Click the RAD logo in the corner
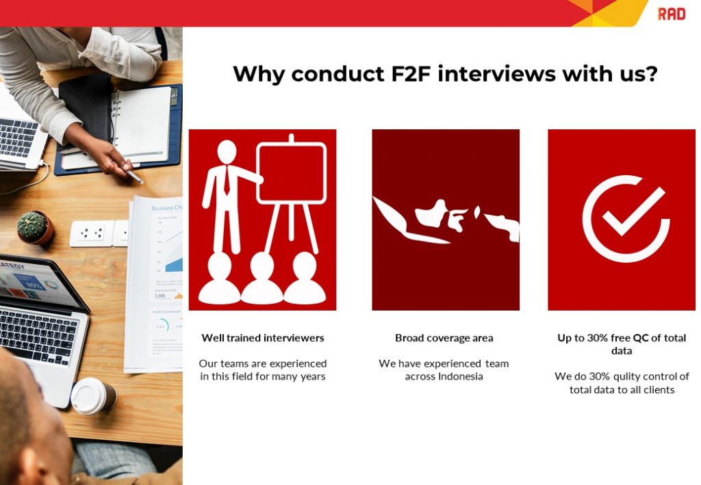pyautogui.click(x=671, y=14)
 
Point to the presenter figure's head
pyautogui.click(x=226, y=151)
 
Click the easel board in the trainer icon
pyautogui.click(x=292, y=174)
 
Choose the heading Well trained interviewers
pyautogui.click(x=263, y=338)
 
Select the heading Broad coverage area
pyautogui.click(x=444, y=338)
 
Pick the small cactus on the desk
pyautogui.click(x=34, y=227)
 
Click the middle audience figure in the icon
pyautogui.click(x=262, y=280)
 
